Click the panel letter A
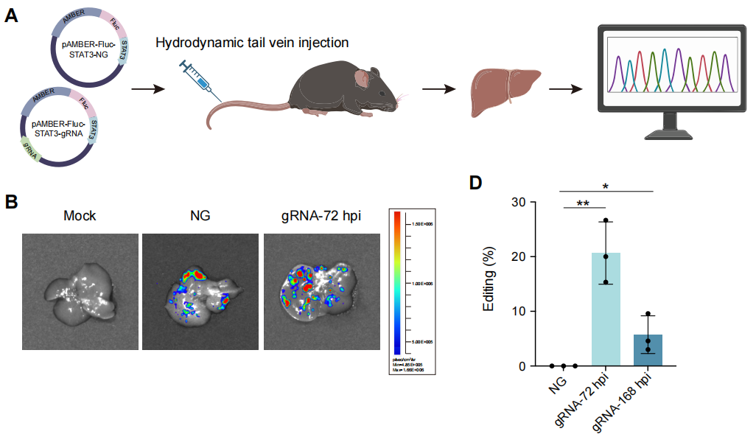(12, 15)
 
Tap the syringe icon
(201, 80)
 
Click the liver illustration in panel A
(503, 92)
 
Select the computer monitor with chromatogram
(672, 74)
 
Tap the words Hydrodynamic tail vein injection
(252, 43)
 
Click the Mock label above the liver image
(80, 217)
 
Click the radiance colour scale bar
(397, 284)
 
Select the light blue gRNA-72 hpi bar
(606, 310)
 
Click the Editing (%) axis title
(489, 284)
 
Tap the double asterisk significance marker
(584, 203)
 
